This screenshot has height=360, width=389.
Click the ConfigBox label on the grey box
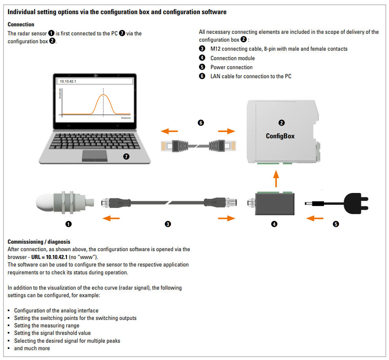[x=280, y=136]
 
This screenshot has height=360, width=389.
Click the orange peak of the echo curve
[x=103, y=95]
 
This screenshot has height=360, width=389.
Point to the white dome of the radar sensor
[x=47, y=202]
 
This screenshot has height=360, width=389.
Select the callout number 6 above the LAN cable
[x=201, y=123]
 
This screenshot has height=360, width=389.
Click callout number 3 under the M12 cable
[x=168, y=224]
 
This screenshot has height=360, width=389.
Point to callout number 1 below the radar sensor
[x=68, y=224]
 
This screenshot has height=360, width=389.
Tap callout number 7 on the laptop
[x=126, y=157]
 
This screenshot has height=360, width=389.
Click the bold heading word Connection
[x=21, y=24]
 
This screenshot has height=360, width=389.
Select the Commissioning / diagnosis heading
[x=39, y=242]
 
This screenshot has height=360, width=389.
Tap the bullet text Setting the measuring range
[x=47, y=325]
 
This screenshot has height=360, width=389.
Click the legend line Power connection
[x=231, y=67]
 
